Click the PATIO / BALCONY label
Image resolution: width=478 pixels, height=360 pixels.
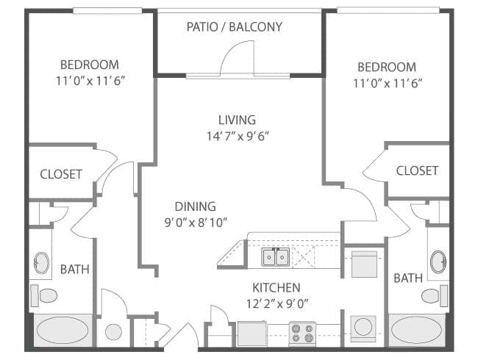(234, 27)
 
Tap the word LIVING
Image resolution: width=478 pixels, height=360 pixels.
(237, 120)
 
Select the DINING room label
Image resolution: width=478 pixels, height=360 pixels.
(195, 206)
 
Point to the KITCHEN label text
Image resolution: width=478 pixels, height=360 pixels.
(276, 287)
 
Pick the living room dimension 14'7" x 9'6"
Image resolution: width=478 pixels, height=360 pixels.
(237, 136)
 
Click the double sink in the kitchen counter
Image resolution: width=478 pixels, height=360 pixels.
(276, 258)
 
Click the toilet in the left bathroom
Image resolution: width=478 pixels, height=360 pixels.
(46, 296)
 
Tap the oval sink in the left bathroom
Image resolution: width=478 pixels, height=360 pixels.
(41, 262)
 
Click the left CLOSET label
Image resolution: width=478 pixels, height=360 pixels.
(61, 174)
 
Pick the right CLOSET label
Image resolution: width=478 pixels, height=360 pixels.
(417, 170)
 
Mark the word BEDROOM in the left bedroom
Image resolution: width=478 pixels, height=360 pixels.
(89, 65)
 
